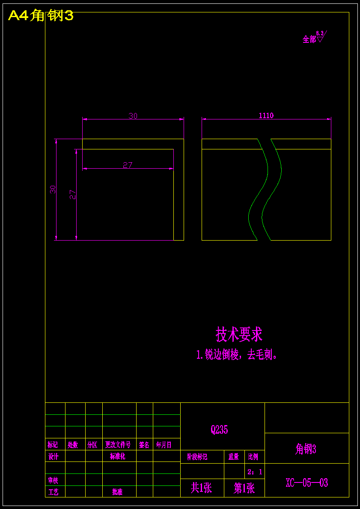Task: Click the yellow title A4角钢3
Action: click(x=41, y=16)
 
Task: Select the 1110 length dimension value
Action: click(x=266, y=116)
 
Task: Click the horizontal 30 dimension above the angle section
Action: click(x=133, y=116)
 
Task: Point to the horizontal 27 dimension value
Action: click(x=128, y=165)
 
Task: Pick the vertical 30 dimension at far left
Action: click(x=53, y=190)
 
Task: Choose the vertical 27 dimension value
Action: click(x=73, y=194)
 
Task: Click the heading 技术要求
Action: click(x=239, y=334)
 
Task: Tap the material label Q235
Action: click(x=219, y=430)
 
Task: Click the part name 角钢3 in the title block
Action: click(x=306, y=449)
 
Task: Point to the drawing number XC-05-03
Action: click(x=306, y=483)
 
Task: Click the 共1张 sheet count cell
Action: click(x=201, y=488)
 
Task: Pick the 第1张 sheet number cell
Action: click(x=244, y=488)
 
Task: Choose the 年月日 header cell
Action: click(x=164, y=445)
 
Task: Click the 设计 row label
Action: click(x=53, y=456)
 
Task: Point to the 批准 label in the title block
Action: click(x=117, y=492)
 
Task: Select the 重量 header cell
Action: click(x=234, y=457)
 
